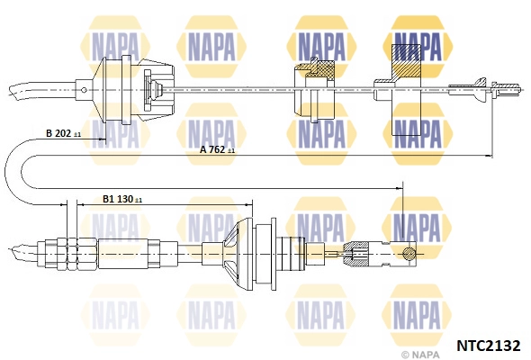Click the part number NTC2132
coord(489,346)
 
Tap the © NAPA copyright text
coord(420,355)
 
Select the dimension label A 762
coord(217,149)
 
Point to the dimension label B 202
coord(63,133)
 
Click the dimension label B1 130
coord(122,199)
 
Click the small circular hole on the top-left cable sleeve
coord(84,90)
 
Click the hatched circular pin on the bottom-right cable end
coord(409,252)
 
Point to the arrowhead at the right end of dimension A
coord(489,156)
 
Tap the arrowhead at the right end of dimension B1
coord(249,204)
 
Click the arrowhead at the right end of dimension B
coord(103,139)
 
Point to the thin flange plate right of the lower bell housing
coord(274,254)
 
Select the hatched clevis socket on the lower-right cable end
coord(355,254)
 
